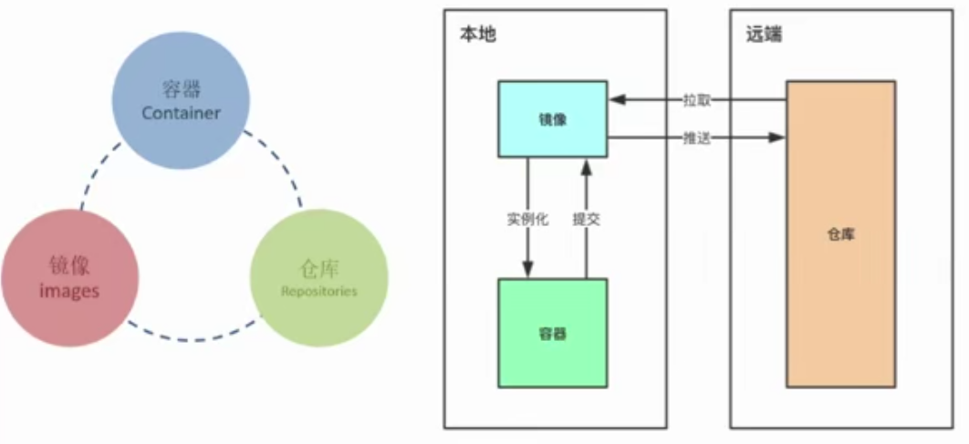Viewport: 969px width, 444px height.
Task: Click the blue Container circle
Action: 180,100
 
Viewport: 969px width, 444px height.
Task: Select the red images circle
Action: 70,277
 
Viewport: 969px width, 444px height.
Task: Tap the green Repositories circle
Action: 318,278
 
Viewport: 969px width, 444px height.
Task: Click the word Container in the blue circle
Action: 181,114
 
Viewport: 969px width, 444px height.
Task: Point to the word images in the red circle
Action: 70,292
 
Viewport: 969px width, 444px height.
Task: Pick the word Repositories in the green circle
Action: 318,292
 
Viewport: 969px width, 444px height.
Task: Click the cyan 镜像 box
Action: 553,119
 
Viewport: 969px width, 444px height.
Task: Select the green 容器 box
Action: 553,333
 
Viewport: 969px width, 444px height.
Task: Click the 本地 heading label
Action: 478,35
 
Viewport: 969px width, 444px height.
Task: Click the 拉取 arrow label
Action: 696,100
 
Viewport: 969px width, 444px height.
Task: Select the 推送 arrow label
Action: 696,138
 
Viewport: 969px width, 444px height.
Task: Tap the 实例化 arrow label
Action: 527,220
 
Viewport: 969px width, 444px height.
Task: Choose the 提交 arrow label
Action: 586,220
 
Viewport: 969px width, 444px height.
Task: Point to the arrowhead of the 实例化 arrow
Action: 527,271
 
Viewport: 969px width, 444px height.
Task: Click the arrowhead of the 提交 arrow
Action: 586,165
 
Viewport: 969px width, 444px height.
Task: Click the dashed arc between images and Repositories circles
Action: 193,339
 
